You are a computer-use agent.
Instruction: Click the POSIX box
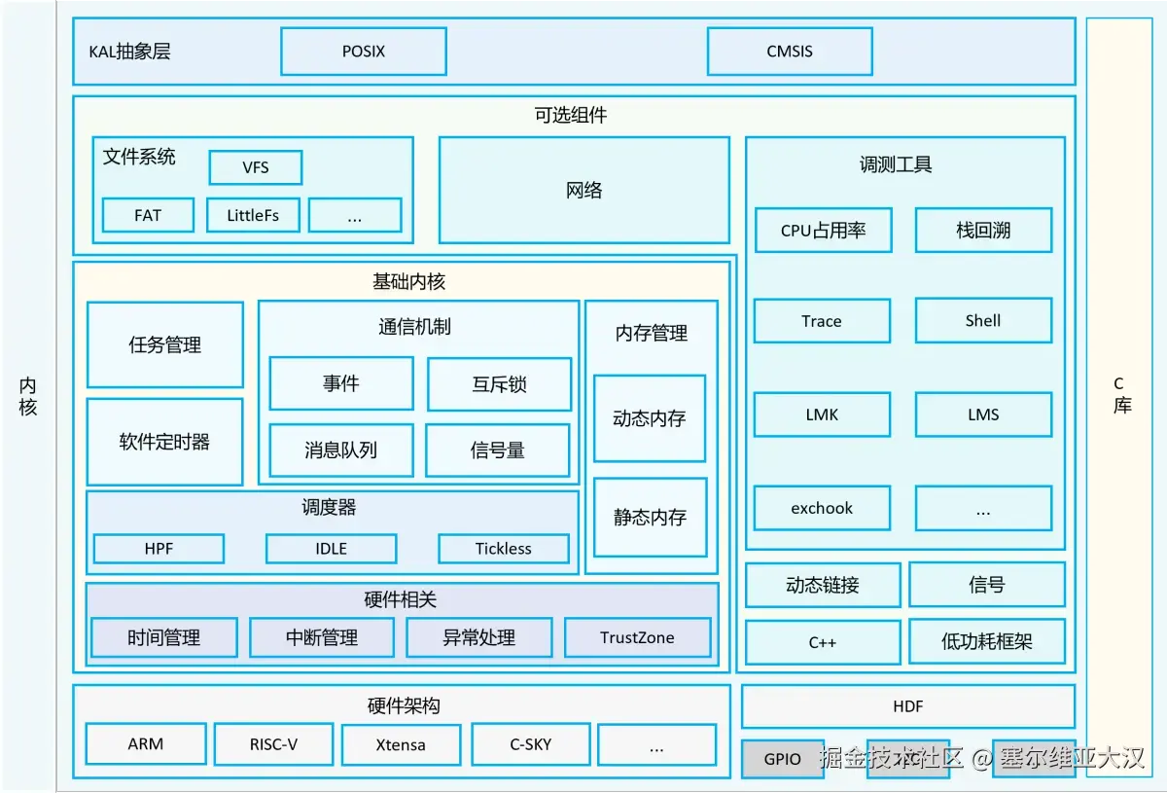(363, 52)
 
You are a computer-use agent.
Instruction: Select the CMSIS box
(789, 52)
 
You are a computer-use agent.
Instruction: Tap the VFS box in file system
(255, 167)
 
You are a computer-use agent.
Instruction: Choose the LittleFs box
(253, 215)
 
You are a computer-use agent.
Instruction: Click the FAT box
(148, 215)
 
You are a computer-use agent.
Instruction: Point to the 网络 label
(583, 191)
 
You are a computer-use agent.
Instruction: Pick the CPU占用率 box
(823, 231)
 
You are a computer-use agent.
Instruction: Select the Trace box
(822, 321)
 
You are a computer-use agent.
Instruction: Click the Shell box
(983, 320)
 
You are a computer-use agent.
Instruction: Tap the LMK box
(822, 415)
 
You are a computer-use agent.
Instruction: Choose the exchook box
(822, 508)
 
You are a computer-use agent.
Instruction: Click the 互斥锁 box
(498, 384)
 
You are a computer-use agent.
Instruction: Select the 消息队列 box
(340, 451)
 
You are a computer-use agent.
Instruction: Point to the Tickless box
(503, 549)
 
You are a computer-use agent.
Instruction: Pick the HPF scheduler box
(159, 549)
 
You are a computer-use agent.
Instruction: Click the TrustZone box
(637, 637)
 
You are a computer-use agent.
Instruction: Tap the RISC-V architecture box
(273, 744)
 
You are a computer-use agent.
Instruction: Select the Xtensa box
(401, 745)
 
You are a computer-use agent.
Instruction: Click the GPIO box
(782, 759)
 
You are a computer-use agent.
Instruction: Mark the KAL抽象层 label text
(129, 52)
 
